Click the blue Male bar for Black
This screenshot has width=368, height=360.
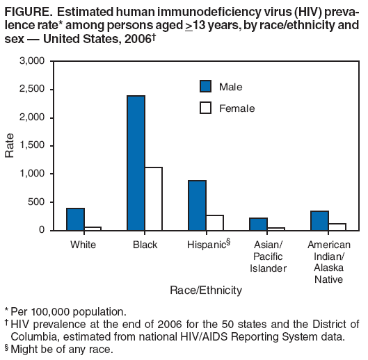(136, 163)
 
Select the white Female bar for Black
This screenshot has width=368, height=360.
(153, 199)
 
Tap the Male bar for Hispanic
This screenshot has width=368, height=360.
(197, 205)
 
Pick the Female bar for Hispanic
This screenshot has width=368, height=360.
(214, 222)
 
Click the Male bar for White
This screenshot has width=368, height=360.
(75, 219)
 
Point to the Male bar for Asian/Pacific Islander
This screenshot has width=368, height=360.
(258, 224)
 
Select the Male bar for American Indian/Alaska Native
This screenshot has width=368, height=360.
(319, 220)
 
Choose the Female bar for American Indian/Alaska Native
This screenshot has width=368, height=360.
(337, 227)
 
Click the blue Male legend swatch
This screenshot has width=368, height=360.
(205, 86)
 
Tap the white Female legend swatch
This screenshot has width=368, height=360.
(205, 108)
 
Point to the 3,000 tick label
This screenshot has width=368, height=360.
(32, 61)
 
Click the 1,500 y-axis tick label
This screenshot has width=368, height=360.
(32, 145)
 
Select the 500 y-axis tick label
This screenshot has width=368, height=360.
(36, 202)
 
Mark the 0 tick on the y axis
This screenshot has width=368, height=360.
(42, 230)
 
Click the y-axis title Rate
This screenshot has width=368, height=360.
(10, 146)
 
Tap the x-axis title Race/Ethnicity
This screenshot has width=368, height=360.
(206, 290)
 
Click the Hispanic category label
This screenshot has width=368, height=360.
(207, 245)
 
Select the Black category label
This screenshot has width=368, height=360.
(145, 245)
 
